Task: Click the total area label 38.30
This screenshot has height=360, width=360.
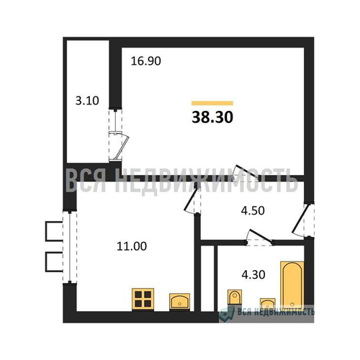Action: [x=212, y=117]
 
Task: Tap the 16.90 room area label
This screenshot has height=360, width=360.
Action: [x=146, y=61]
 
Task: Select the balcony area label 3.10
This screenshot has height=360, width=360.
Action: [x=87, y=101]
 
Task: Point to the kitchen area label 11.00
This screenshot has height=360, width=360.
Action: [x=132, y=246]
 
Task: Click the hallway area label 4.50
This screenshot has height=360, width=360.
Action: [x=253, y=210]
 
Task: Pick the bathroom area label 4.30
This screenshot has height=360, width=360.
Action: [x=253, y=274]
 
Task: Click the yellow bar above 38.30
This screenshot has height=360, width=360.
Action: [x=212, y=103]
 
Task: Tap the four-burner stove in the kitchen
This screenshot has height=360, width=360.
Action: [x=143, y=300]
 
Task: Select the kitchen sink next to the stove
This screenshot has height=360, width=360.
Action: [x=180, y=302]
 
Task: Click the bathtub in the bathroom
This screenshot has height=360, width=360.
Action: [x=292, y=285]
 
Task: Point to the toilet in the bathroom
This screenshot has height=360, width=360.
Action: [x=235, y=297]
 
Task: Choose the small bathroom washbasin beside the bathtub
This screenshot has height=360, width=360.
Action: [x=268, y=303]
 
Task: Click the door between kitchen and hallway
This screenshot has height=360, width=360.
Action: [x=192, y=199]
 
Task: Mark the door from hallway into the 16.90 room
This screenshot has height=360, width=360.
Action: [x=248, y=171]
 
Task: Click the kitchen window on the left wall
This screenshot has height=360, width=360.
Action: [x=70, y=248]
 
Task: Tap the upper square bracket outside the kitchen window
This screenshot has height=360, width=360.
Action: [x=54, y=231]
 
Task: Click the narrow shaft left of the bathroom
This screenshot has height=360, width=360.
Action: [x=207, y=279]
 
